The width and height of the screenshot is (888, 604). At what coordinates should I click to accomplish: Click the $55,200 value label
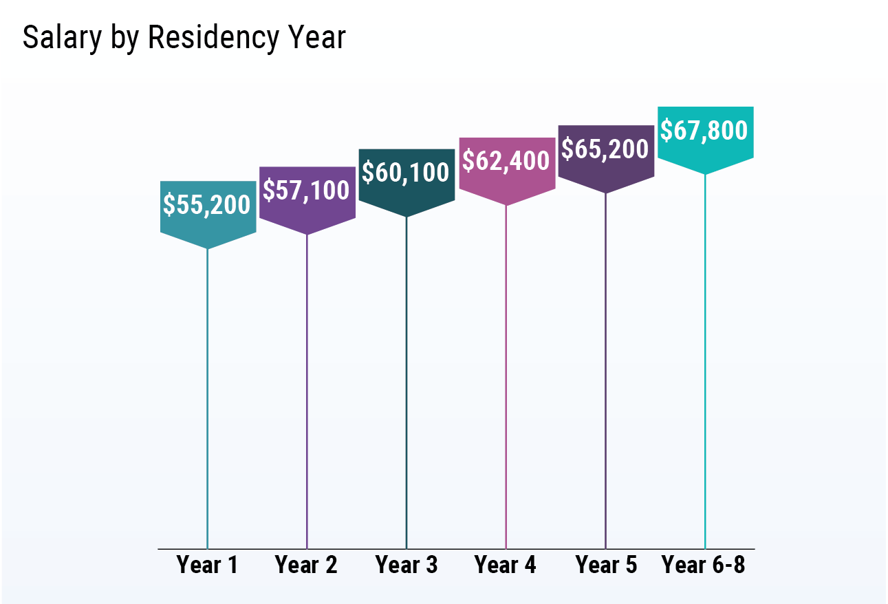(208, 206)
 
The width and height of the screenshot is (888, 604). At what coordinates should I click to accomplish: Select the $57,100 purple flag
(307, 191)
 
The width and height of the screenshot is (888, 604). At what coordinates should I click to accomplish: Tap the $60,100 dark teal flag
(407, 173)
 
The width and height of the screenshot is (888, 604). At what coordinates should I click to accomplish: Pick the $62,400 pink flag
(506, 162)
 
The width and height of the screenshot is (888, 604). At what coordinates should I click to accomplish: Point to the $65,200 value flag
(605, 149)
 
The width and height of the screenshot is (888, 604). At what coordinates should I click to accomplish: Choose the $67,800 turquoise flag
(705, 131)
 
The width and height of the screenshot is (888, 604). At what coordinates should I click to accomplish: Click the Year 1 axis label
(207, 565)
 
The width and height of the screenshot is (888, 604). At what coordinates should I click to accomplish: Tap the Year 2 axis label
(307, 565)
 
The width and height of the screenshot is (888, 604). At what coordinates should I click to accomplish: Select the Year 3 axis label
(407, 565)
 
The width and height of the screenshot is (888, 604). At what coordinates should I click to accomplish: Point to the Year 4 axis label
(506, 565)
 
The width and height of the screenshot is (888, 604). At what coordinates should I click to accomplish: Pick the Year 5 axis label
(606, 565)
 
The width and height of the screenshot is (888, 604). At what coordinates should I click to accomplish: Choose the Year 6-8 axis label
(704, 565)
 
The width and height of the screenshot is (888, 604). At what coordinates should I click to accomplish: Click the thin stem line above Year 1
(207, 399)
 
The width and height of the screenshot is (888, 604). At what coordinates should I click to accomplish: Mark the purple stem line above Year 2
(307, 392)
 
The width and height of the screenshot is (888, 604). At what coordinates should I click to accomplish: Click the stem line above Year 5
(606, 371)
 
